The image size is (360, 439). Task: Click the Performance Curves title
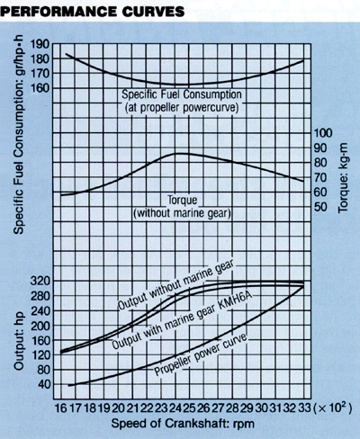coord(92,12)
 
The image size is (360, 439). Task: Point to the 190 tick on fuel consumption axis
coord(40,44)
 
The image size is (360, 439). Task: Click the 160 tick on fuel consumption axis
coord(40,88)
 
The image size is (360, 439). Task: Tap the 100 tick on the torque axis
coord(323,133)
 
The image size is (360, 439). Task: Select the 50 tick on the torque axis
coord(319,207)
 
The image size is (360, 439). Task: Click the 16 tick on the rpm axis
coord(60,408)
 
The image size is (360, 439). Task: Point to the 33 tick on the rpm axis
coord(304,408)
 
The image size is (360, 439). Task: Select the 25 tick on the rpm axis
coord(190,408)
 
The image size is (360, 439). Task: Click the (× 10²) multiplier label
coord(332,408)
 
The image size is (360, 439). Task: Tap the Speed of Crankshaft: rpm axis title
coord(183,424)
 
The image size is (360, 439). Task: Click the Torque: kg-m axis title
coord(343,178)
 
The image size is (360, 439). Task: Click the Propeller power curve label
coord(201,354)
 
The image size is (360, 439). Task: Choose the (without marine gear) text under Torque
coord(182,213)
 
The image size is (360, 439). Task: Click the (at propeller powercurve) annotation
coord(182,108)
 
